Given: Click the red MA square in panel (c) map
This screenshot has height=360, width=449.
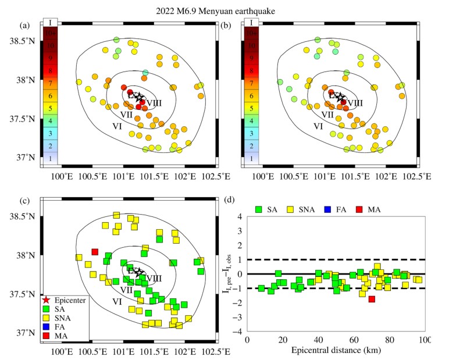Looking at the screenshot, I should [94, 252].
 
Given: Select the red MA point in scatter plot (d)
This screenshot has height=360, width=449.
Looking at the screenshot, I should [372, 299].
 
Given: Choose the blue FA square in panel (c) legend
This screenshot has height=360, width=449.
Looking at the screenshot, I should [46, 327].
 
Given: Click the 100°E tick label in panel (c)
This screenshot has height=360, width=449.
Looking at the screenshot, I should [62, 351].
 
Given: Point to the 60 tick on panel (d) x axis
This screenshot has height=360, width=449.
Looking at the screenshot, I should [354, 340].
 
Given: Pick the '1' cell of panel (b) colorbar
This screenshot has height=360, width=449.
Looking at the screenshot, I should [251, 158].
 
